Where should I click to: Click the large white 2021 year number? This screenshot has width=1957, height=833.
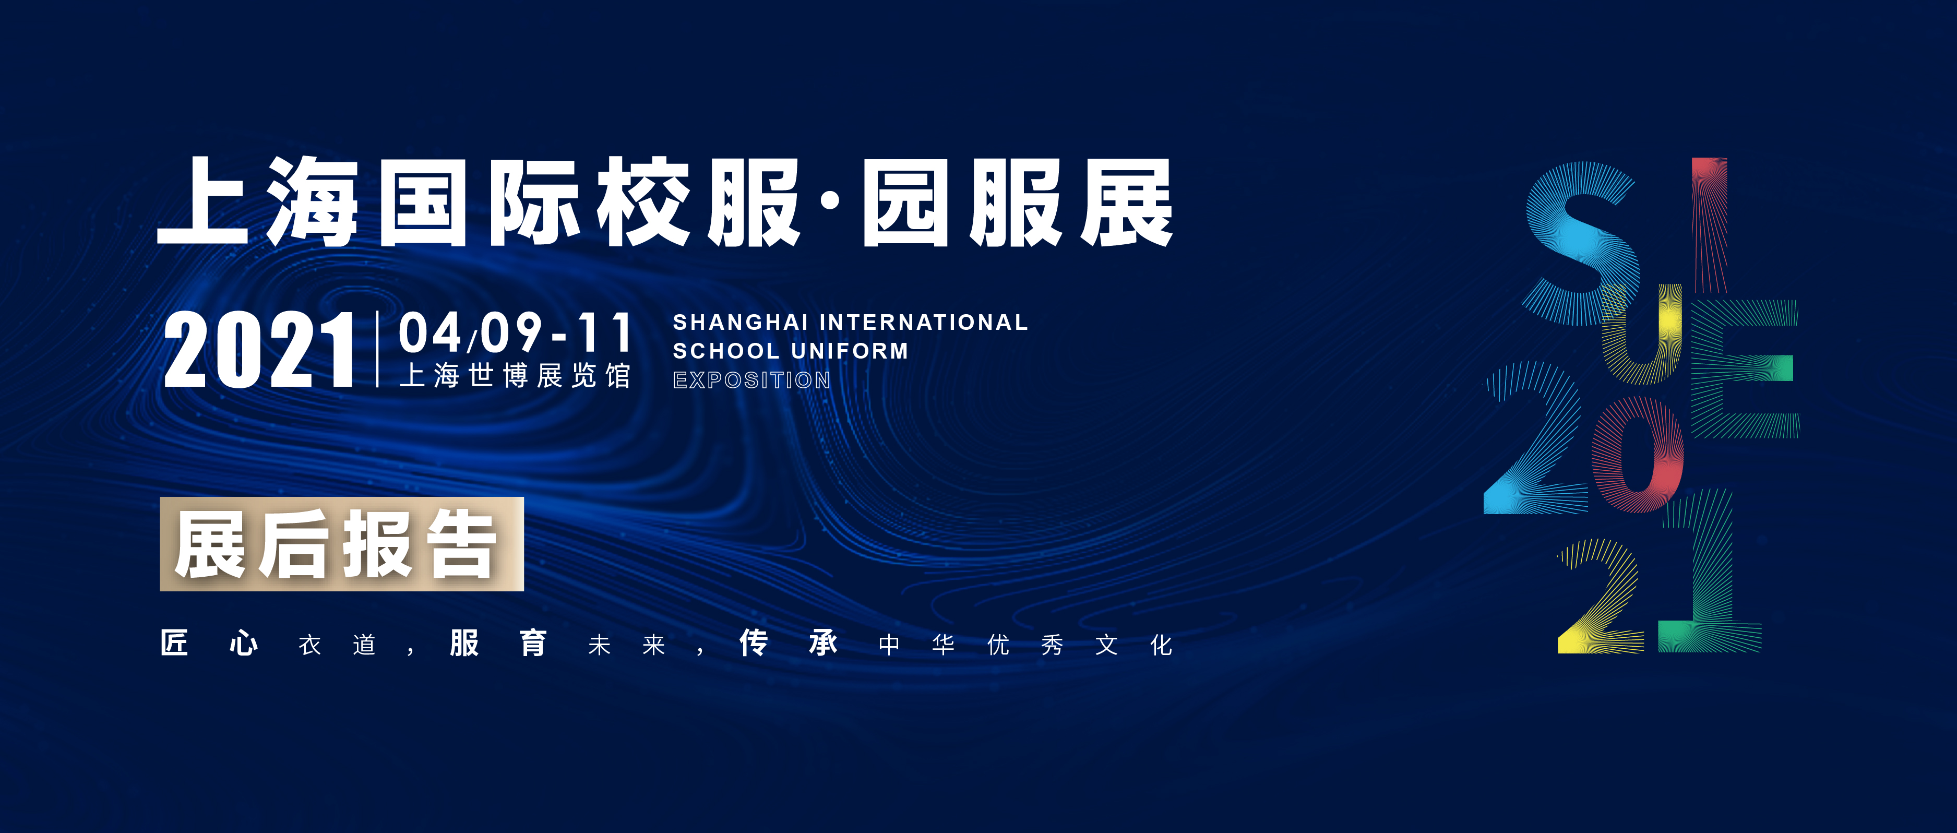(259, 350)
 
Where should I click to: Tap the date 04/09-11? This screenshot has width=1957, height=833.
(516, 332)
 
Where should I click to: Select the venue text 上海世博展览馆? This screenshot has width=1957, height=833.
(515, 375)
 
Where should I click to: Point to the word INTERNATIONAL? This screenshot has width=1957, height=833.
(924, 322)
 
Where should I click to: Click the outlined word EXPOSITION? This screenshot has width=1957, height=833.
(752, 379)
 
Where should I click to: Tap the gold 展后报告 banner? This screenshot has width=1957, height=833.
(342, 543)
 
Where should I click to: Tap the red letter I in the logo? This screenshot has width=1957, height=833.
(1709, 225)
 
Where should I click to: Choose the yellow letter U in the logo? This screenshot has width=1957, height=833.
(1642, 335)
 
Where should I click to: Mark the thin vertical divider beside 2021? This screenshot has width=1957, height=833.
(378, 350)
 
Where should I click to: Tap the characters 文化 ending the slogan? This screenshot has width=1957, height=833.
(1134, 645)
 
